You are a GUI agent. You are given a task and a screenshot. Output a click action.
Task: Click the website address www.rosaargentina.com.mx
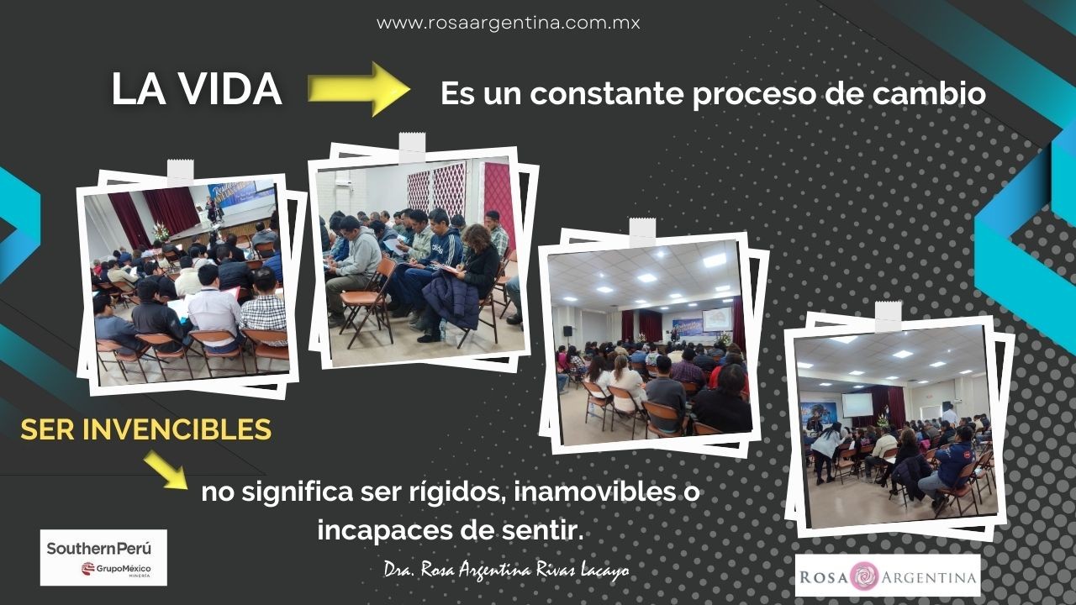click(509, 23)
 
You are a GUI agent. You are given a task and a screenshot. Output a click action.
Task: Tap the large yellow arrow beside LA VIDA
click(359, 89)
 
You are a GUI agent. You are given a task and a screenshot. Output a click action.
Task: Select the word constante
click(607, 93)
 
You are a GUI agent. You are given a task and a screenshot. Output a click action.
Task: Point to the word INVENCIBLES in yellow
click(177, 429)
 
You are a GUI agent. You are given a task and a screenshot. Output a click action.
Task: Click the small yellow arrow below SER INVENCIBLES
click(166, 470)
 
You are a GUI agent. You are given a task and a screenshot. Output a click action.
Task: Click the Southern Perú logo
click(103, 557)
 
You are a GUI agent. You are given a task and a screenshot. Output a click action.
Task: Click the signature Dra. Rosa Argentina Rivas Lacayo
click(506, 570)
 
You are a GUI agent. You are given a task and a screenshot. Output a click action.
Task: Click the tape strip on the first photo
click(181, 172)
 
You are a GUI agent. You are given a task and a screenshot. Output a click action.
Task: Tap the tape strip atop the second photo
click(412, 146)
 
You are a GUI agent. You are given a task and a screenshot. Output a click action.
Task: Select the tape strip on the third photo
click(643, 233)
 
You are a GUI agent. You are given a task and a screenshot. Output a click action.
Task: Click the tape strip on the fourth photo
click(889, 317)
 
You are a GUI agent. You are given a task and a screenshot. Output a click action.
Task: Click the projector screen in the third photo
click(717, 319)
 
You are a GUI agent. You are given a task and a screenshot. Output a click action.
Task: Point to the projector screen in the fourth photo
click(857, 405)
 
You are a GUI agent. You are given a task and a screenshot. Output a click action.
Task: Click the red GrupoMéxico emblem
click(88, 569)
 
